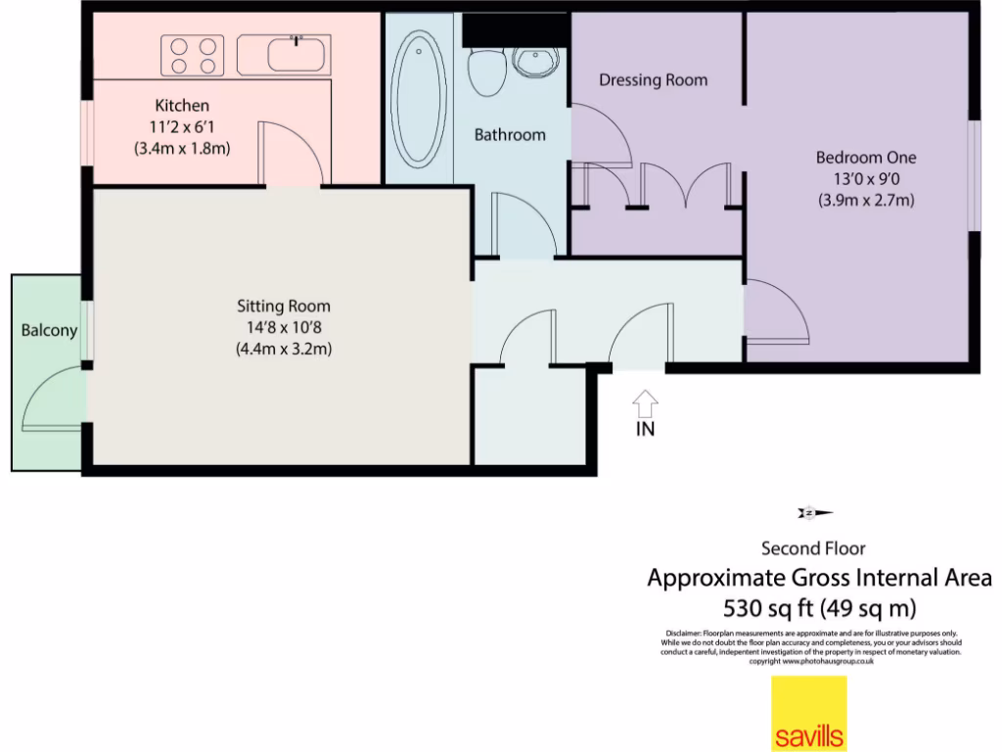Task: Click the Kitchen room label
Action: click(182, 105)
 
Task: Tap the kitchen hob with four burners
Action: click(192, 55)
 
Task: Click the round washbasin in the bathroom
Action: click(534, 66)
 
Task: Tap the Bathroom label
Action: click(510, 135)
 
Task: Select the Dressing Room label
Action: click(653, 80)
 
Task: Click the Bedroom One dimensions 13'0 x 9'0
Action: click(866, 179)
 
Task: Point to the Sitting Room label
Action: click(283, 306)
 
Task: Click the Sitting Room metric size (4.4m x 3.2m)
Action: click(283, 349)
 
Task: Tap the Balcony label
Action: click(49, 331)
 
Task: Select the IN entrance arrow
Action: click(645, 402)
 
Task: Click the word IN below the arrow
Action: click(645, 429)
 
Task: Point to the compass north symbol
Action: click(813, 512)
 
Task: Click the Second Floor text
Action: click(813, 548)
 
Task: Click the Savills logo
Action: click(809, 714)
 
